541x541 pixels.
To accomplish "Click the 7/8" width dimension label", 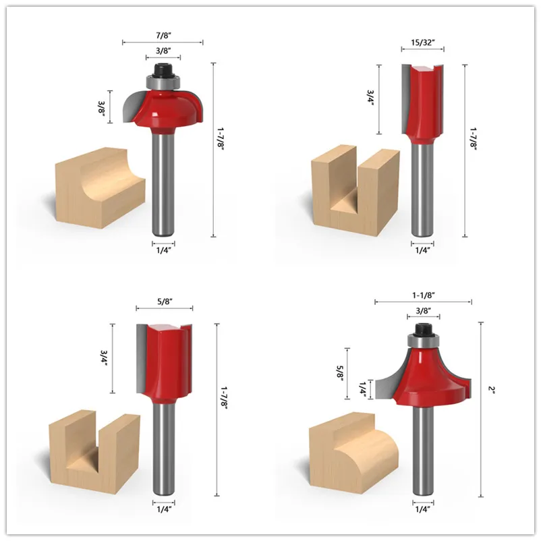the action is click(163, 35).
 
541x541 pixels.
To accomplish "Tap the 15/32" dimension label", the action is click(423, 42).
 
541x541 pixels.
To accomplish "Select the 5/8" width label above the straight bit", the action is click(165, 302).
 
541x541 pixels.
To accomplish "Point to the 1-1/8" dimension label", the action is click(424, 295).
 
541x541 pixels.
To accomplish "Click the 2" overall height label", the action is click(491, 389).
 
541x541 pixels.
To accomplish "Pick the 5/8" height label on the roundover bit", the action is click(340, 373).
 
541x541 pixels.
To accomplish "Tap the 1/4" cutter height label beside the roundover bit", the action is click(362, 389).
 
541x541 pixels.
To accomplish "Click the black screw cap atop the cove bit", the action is click(163, 69).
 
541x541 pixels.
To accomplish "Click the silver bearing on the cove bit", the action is click(163, 82).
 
